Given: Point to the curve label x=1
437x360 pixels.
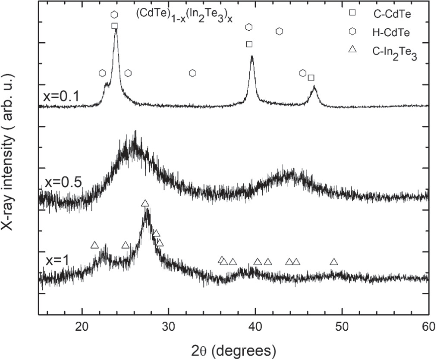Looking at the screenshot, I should click(58, 260).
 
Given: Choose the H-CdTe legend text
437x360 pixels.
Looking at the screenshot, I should click(392, 31).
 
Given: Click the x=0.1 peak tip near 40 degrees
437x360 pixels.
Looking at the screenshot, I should click(252, 57).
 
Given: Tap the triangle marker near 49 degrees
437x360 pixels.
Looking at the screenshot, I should click(333, 262).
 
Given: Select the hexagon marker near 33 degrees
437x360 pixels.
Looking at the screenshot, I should click(193, 73).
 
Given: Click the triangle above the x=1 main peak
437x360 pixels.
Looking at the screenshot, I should click(145, 203).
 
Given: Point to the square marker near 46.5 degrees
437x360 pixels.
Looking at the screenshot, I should click(311, 78).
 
